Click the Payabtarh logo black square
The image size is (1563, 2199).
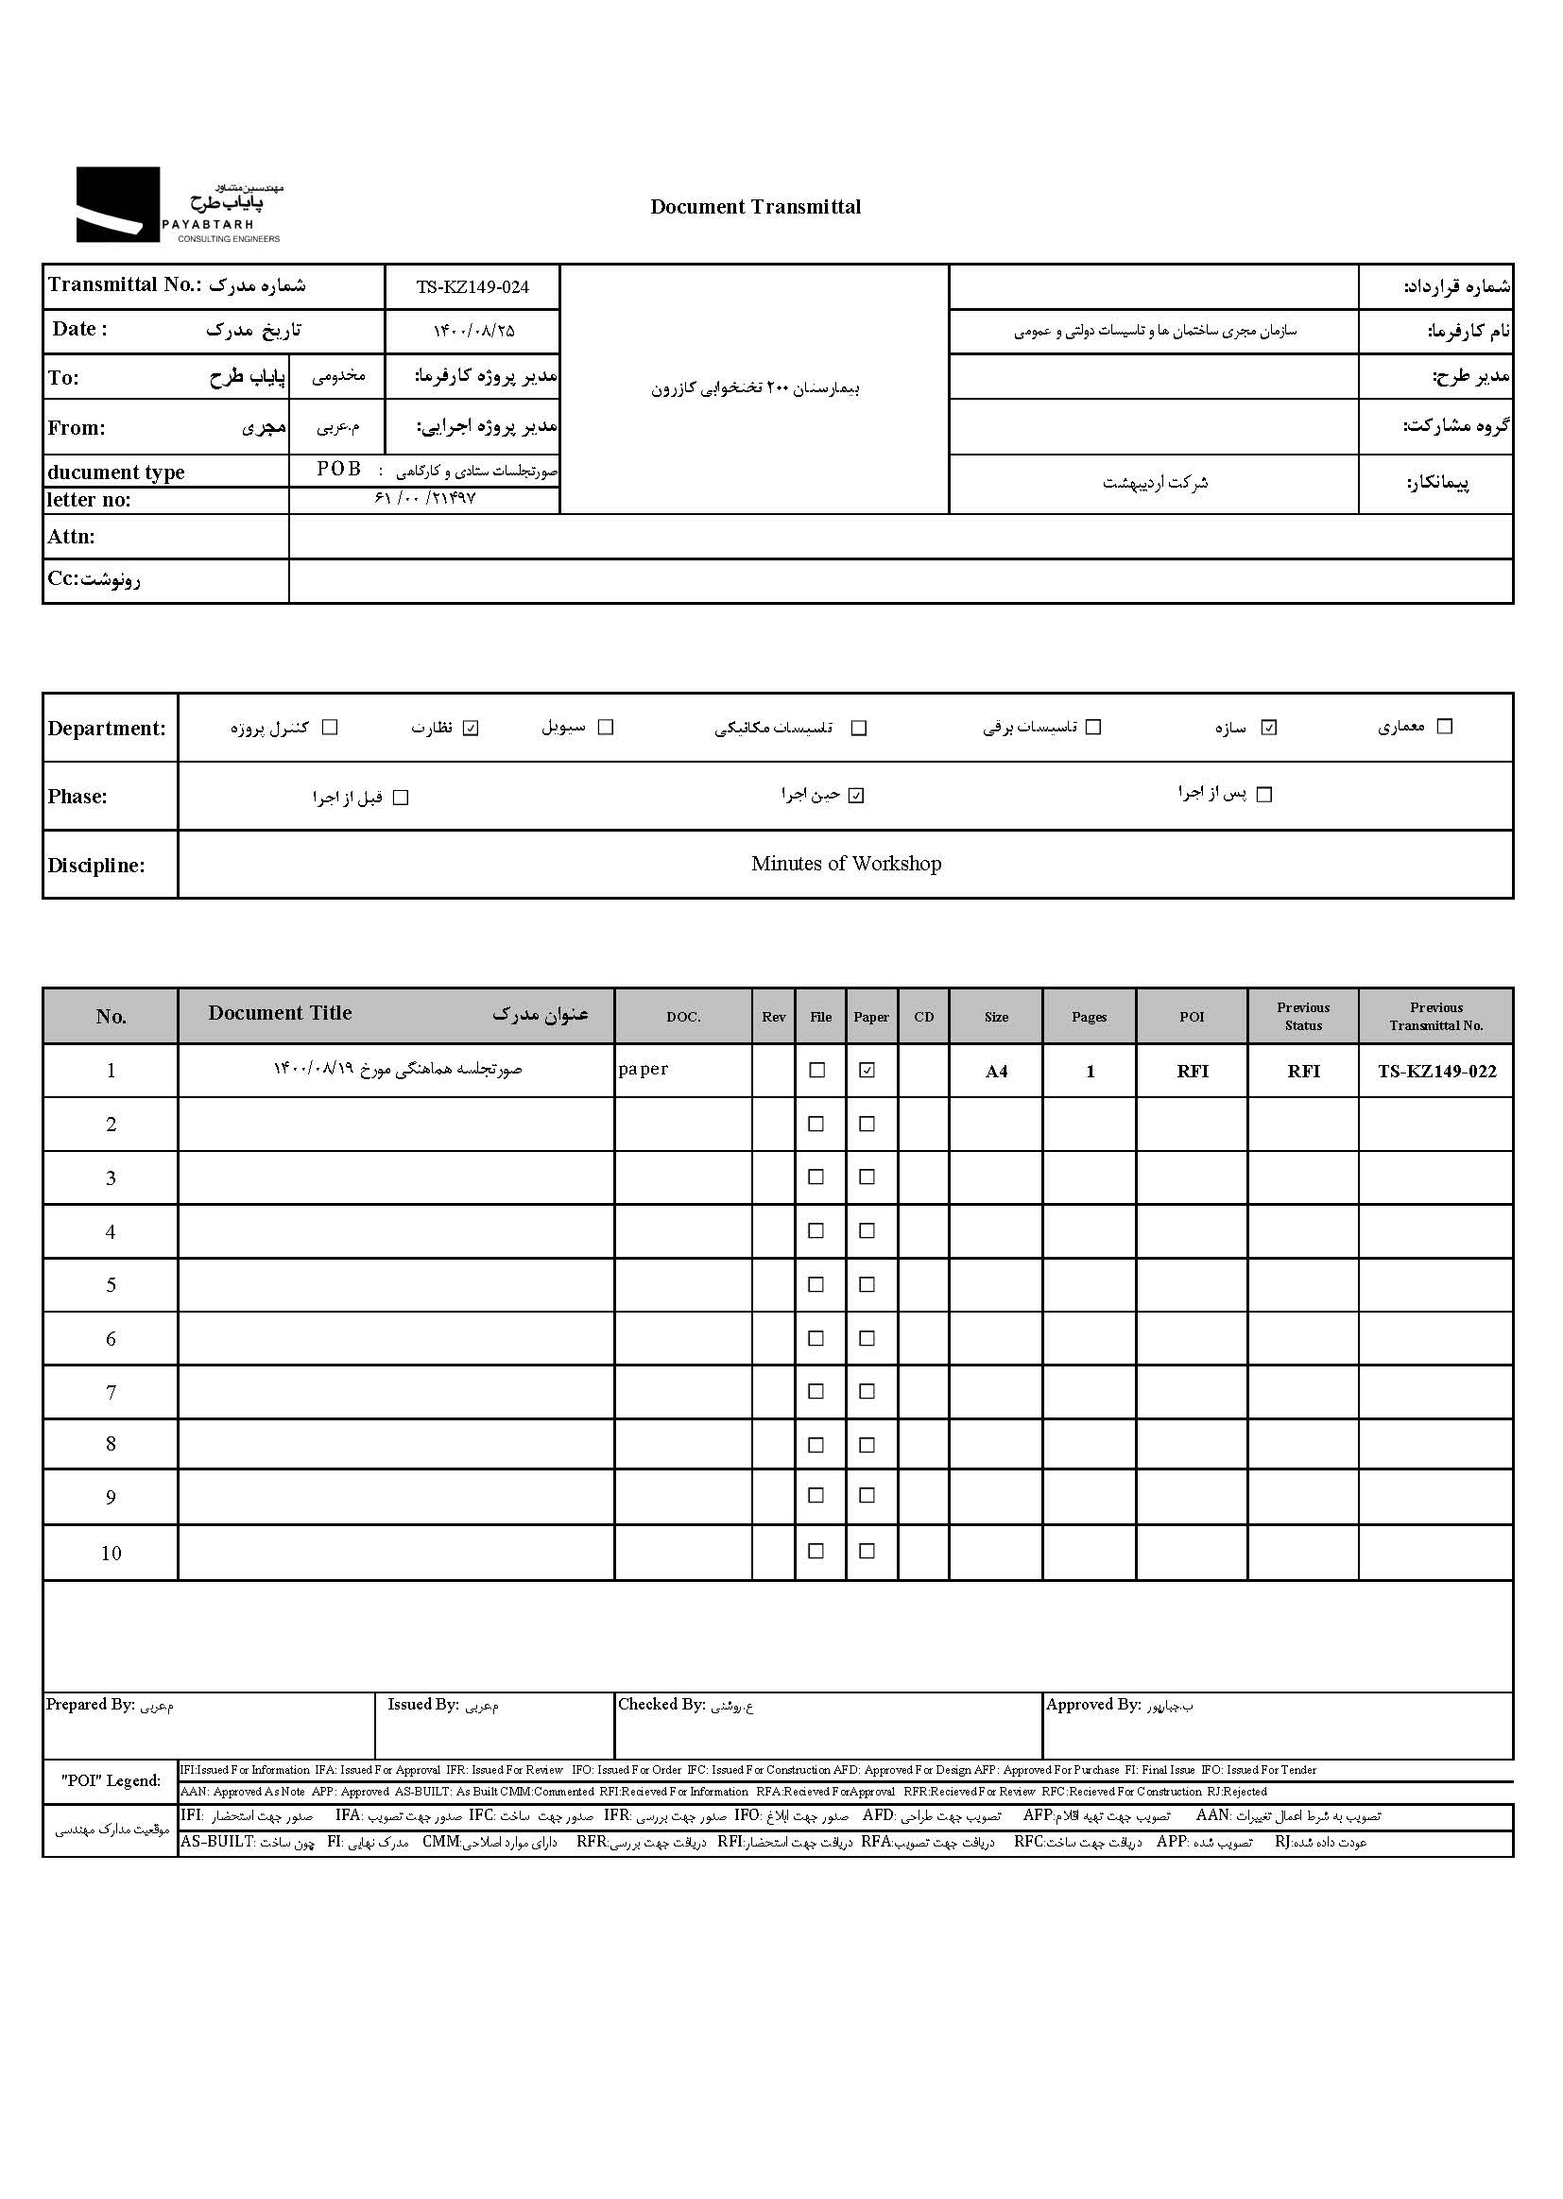(117, 204)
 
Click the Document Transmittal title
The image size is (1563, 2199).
(756, 207)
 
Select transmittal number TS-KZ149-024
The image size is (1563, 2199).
(472, 286)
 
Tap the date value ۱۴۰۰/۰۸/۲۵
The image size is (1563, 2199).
(473, 331)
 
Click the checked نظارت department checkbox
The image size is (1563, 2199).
(471, 728)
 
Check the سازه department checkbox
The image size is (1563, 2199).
(1268, 728)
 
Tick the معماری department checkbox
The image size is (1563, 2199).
(1444, 727)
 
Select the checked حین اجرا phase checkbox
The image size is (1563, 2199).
(856, 796)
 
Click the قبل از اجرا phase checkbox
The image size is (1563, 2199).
(402, 798)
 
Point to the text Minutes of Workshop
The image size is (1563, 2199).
(846, 863)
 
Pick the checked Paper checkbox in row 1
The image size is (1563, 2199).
(867, 1070)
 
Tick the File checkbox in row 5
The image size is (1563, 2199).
(816, 1285)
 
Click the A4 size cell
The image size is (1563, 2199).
(996, 1071)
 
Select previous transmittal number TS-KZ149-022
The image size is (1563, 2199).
(1436, 1071)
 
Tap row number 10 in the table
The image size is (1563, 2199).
(111, 1554)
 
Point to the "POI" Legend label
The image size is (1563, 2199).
(111, 1781)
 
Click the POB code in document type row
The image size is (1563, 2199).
(339, 470)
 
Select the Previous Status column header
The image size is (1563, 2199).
(1303, 1016)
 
